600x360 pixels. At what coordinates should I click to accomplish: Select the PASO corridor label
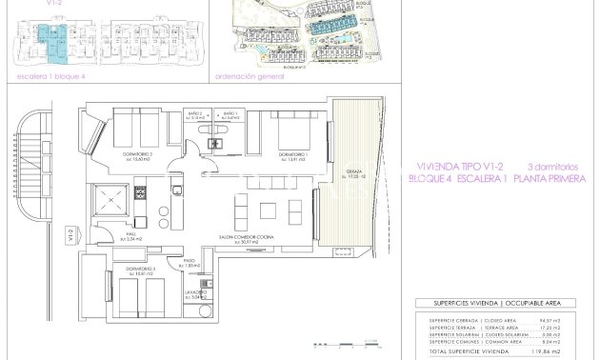[190, 263]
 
